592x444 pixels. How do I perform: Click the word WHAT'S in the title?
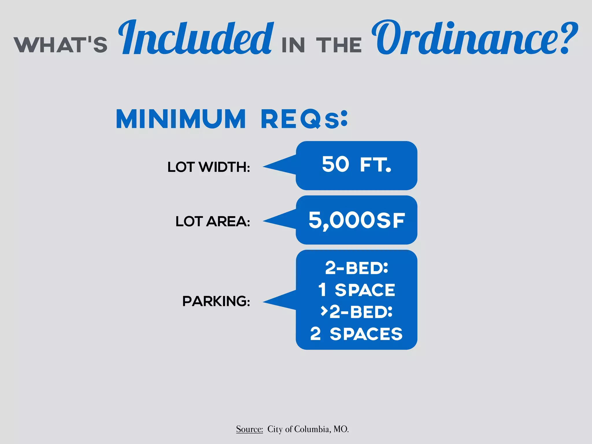(61, 45)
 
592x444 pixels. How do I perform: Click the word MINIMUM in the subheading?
(181, 119)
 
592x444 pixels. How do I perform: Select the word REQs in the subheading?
(304, 119)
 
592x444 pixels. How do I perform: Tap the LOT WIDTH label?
(209, 167)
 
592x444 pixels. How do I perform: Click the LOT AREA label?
(213, 221)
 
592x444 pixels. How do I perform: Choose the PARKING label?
(216, 301)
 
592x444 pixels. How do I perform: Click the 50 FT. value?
(356, 164)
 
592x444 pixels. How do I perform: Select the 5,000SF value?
(356, 220)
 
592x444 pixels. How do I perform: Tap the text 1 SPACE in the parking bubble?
(356, 290)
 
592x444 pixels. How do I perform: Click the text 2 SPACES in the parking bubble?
(356, 334)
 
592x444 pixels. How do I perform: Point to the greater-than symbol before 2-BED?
(324, 311)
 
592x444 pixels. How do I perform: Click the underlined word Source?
(249, 429)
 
